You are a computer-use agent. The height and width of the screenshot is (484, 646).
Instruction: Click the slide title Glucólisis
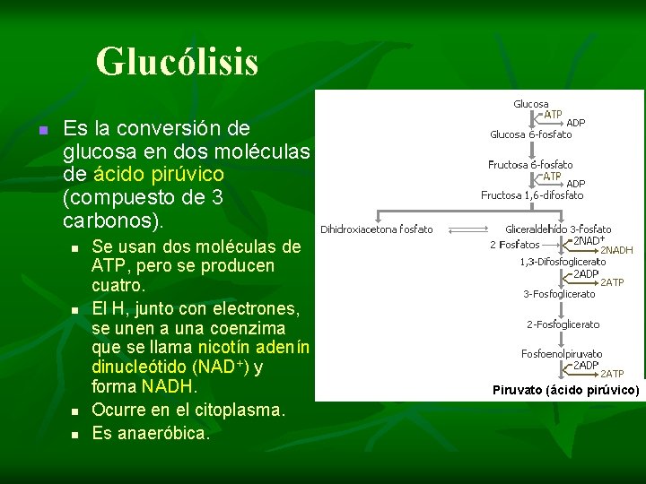tap(177, 62)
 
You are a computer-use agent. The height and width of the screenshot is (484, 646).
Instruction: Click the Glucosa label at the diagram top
tap(530, 104)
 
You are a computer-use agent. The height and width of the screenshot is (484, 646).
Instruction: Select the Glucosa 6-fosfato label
tap(530, 134)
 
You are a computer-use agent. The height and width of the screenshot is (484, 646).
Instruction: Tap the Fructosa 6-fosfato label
tap(530, 165)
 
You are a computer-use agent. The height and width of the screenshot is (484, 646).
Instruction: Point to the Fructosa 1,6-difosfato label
tap(532, 194)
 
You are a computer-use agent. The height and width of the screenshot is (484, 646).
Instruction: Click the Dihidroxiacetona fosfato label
tap(377, 229)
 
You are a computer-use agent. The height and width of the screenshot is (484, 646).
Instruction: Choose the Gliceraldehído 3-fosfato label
tap(558, 229)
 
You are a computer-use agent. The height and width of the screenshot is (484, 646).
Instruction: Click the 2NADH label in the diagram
tap(616, 251)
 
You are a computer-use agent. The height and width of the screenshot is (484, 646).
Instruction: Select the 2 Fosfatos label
tap(514, 244)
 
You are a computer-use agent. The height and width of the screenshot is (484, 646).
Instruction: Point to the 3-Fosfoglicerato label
tap(559, 293)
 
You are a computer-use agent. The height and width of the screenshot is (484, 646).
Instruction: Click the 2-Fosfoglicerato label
tap(563, 324)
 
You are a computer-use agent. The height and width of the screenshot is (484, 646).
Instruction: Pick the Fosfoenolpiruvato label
tap(562, 354)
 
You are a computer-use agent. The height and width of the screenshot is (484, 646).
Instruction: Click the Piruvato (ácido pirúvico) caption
tap(565, 390)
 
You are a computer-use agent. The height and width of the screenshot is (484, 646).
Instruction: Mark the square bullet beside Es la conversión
tap(40, 131)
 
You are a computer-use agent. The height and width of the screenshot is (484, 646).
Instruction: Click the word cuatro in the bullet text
tap(118, 287)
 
